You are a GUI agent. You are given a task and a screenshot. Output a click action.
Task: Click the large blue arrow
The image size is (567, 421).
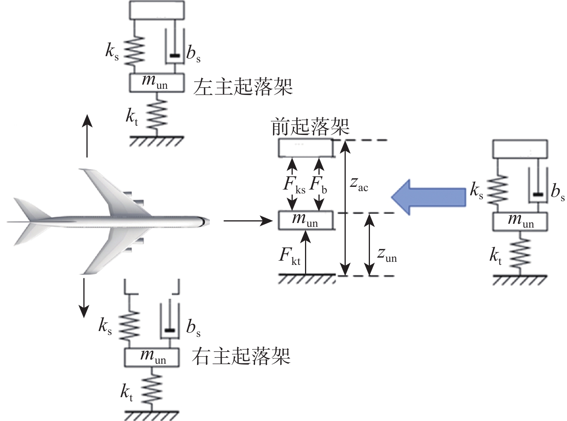(x=428, y=197)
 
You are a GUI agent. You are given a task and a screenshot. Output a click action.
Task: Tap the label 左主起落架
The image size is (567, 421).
(x=243, y=87)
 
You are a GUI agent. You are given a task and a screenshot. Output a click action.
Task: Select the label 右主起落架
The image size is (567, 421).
(x=241, y=356)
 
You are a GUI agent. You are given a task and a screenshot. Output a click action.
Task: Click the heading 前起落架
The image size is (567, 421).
(x=310, y=126)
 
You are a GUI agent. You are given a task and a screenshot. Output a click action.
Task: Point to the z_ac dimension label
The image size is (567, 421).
(x=359, y=185)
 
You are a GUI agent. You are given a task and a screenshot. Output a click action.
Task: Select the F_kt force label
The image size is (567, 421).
(x=289, y=256)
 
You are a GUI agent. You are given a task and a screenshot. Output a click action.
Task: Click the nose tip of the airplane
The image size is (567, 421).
(x=209, y=222)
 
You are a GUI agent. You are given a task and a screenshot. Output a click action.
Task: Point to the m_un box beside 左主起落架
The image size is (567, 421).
(x=157, y=83)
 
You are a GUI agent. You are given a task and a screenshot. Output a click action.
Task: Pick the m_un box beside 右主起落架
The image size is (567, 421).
(x=152, y=358)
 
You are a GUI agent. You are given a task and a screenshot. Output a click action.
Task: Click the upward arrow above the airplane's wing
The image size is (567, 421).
(x=87, y=136)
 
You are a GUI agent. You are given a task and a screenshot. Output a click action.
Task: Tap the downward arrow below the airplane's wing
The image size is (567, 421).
(x=84, y=298)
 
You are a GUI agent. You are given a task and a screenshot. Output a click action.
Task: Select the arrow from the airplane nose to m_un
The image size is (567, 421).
(x=248, y=221)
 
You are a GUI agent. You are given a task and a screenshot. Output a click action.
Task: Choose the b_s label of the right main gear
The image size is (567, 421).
(x=193, y=328)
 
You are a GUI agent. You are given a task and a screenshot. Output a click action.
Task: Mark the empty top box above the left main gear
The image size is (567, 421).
(x=157, y=10)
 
